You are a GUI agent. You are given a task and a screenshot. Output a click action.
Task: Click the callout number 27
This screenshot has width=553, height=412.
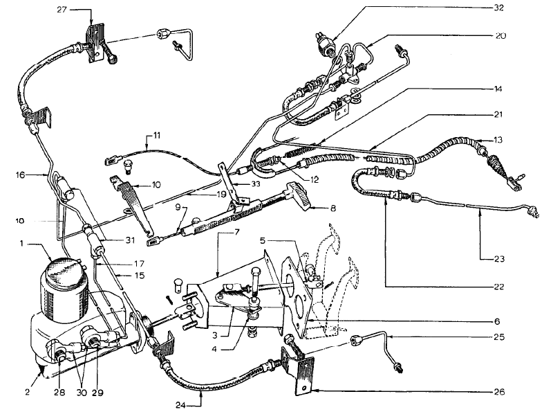pos(62,10)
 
